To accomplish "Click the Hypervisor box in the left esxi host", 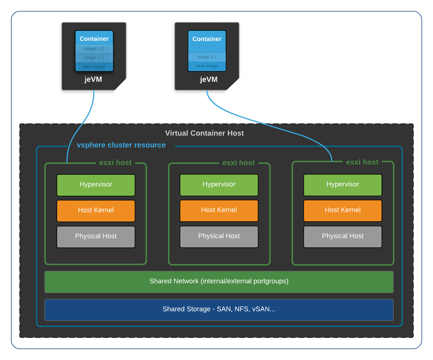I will pos(96,185).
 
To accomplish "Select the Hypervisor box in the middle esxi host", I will pos(219,185).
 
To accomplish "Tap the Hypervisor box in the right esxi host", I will pos(343,185).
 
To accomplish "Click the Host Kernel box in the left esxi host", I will pos(96,211).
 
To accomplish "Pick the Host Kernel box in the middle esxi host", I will pos(219,211).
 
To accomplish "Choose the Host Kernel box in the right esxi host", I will pos(343,211).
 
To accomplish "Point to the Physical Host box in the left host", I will pos(96,236).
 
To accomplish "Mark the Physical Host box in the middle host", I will pos(219,236).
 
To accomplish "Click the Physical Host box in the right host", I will pos(343,236).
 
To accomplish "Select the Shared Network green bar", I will pos(219,281).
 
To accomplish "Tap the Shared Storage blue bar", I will pos(219,309).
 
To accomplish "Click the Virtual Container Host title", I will pos(204,133).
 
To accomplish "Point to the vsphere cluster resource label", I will pos(121,145).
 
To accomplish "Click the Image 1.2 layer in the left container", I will pos(94,49).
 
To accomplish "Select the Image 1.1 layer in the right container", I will pos(207,57).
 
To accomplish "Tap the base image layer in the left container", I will pos(94,66).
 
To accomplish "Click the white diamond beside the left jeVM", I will pos(134,92).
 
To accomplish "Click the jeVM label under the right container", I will pos(208,80).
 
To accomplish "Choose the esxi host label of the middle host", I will pos(238,163).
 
